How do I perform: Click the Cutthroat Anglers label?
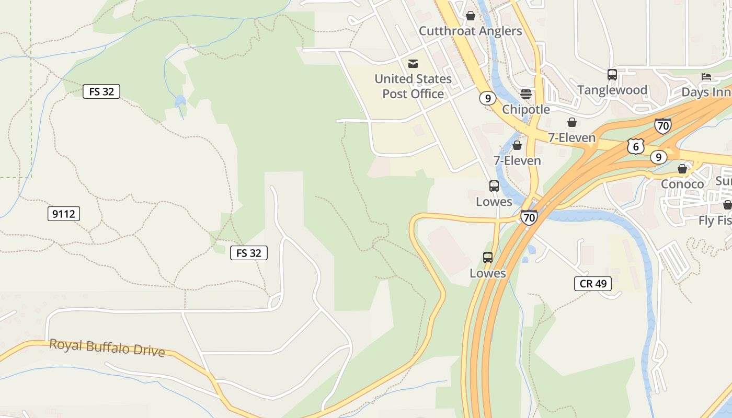point(470,31)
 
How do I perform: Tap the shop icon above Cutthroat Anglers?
point(471,16)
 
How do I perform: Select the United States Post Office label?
point(413,86)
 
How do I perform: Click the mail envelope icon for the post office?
point(413,64)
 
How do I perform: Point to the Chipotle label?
point(526,110)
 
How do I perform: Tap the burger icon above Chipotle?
point(526,94)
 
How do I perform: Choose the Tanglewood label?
point(612,90)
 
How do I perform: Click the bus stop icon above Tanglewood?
point(612,75)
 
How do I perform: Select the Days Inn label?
point(706,92)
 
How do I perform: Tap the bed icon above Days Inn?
point(706,77)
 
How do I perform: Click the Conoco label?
point(682,184)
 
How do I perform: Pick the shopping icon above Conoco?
point(682,169)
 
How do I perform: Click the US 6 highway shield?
point(635,146)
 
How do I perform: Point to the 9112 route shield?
point(64,214)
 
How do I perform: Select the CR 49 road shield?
point(593,284)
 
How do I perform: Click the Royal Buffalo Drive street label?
point(107,347)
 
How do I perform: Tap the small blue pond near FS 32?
point(180,100)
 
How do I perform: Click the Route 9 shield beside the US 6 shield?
point(659,157)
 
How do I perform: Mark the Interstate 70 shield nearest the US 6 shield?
point(662,126)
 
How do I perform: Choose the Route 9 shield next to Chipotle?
point(487,98)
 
